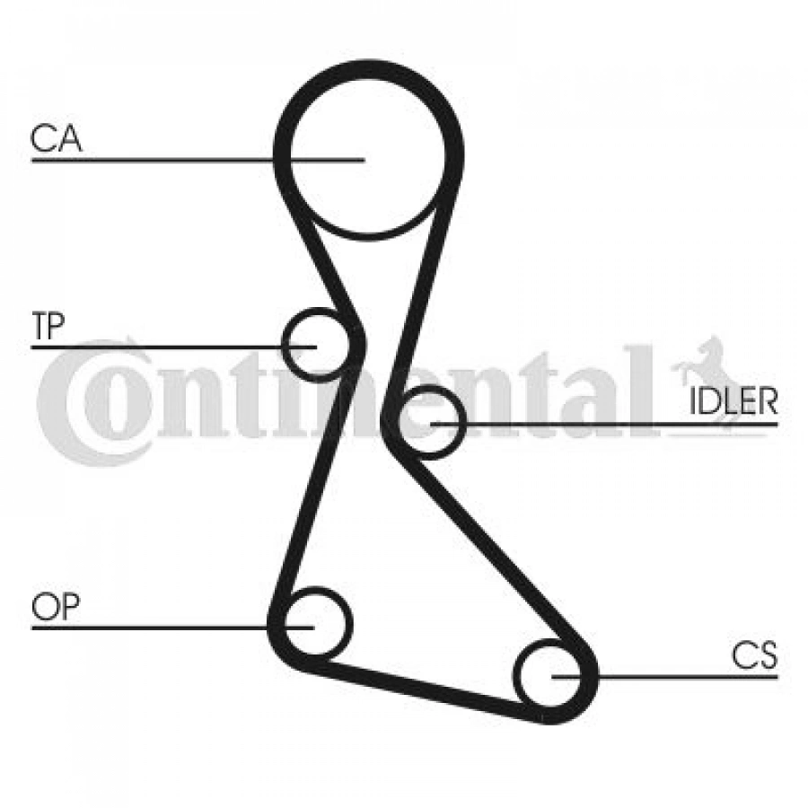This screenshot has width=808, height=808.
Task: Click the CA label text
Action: [57, 138]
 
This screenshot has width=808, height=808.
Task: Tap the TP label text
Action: [48, 326]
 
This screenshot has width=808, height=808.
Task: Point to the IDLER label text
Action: [733, 402]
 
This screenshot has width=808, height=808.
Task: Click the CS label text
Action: [754, 655]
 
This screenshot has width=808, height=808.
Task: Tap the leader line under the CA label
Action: [198, 161]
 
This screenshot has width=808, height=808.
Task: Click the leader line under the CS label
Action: [664, 676]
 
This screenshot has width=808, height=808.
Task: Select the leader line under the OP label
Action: [172, 628]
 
